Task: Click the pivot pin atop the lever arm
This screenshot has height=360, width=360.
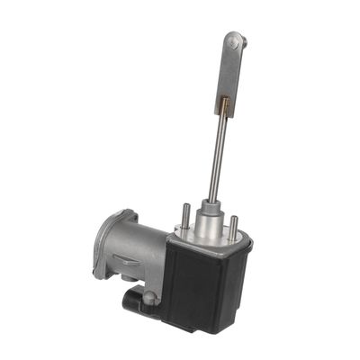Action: pyautogui.click(x=236, y=40)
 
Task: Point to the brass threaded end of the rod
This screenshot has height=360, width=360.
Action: pyautogui.click(x=221, y=109)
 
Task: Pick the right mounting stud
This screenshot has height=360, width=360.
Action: pyautogui.click(x=234, y=226)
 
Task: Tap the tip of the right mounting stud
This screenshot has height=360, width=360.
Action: pyautogui.click(x=234, y=217)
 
